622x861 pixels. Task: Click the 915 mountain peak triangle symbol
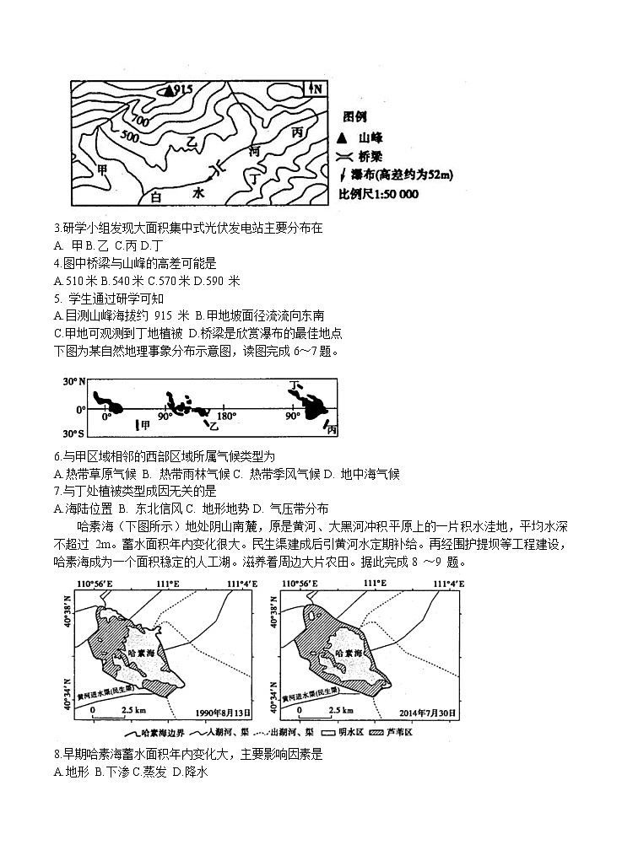pyautogui.click(x=170, y=89)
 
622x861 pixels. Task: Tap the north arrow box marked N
pyautogui.click(x=313, y=89)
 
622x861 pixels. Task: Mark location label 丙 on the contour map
pyautogui.click(x=296, y=133)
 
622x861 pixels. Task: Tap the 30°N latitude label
pyautogui.click(x=75, y=382)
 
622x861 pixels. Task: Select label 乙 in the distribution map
pyautogui.click(x=201, y=428)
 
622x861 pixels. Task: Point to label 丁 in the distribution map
pyautogui.click(x=295, y=385)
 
